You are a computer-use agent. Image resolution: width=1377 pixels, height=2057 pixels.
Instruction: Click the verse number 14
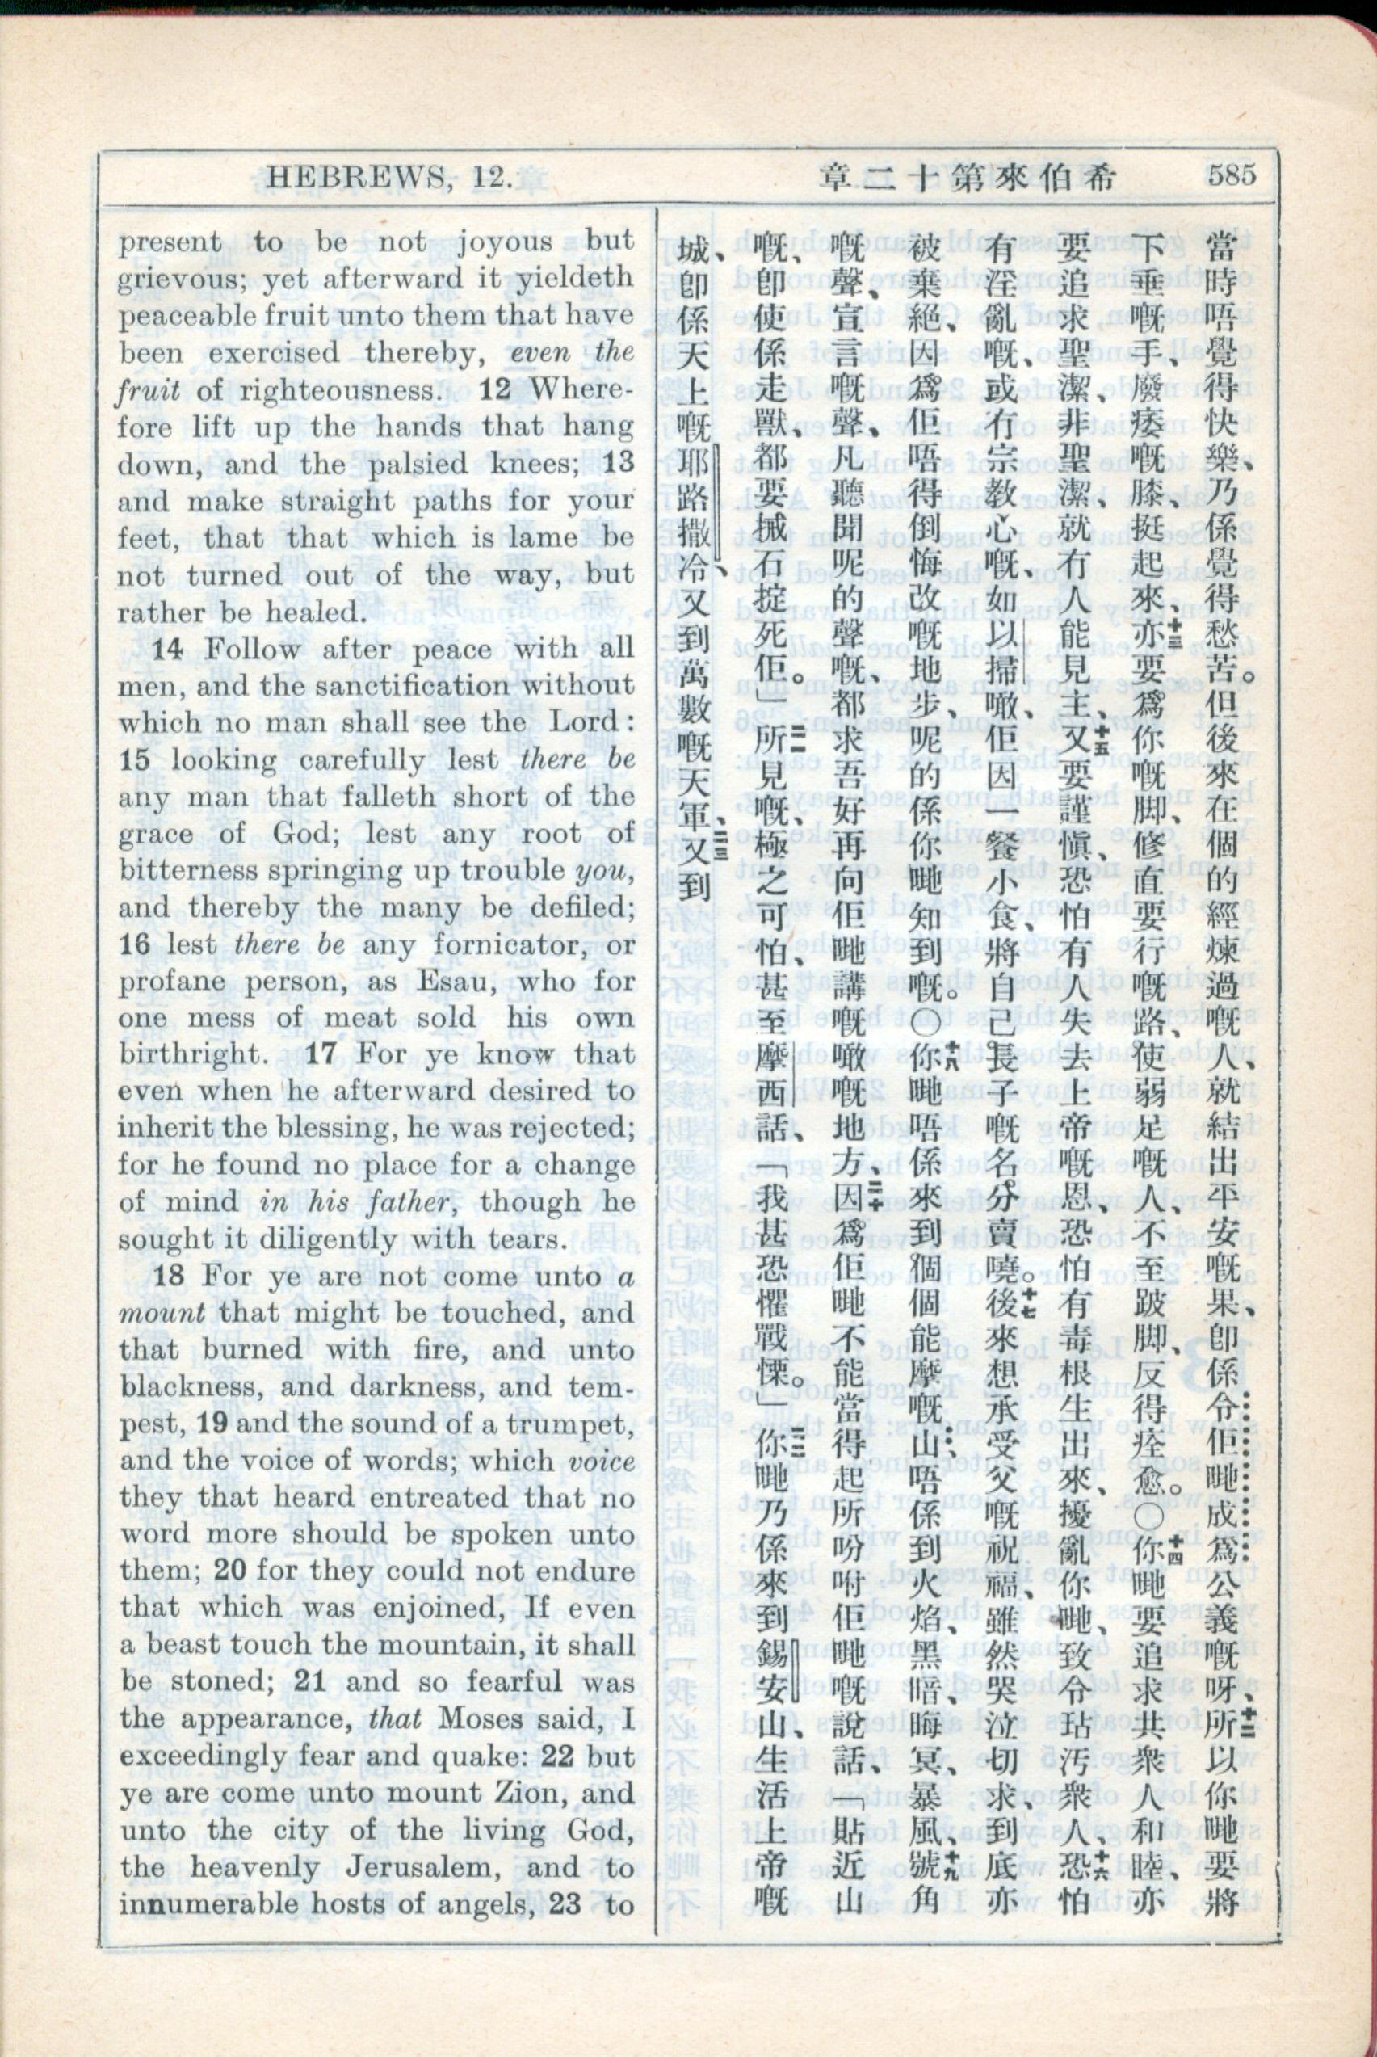[x=168, y=650]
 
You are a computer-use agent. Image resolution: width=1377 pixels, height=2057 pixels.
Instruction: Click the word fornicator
[x=514, y=946]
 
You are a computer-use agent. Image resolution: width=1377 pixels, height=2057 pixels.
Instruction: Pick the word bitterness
[x=187, y=871]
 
